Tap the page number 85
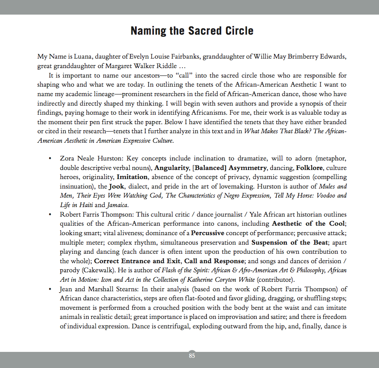click(x=192, y=356)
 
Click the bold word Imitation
click(x=132, y=177)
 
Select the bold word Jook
click(x=116, y=186)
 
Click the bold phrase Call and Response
click(x=215, y=261)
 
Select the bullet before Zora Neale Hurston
click(x=50, y=159)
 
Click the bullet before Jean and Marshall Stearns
click(x=50, y=289)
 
